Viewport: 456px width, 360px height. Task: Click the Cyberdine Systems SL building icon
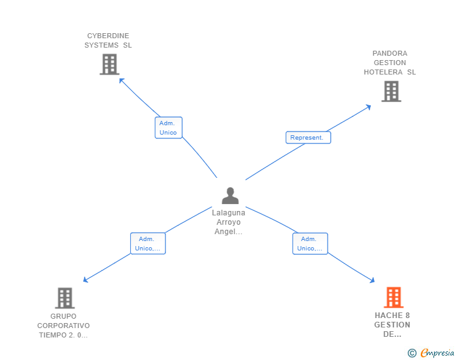pyautogui.click(x=109, y=64)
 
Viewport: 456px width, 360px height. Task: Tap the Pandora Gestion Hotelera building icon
pyautogui.click(x=391, y=91)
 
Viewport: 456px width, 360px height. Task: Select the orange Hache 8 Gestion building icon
pyautogui.click(x=393, y=297)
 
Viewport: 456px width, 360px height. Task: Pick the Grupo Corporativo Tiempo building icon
pyautogui.click(x=65, y=298)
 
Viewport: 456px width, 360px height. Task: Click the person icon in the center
pyautogui.click(x=231, y=196)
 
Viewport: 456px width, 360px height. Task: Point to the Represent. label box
pyautogui.click(x=308, y=138)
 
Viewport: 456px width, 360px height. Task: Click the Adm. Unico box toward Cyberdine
pyautogui.click(x=168, y=128)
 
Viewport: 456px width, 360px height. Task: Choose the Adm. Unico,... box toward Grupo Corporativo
pyautogui.click(x=148, y=244)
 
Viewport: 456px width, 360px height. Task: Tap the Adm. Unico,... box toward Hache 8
pyautogui.click(x=310, y=244)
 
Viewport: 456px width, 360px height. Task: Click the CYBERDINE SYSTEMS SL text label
pyautogui.click(x=108, y=41)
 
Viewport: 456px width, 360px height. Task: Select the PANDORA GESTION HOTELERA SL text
pyautogui.click(x=390, y=63)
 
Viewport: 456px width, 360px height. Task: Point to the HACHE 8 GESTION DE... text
pyautogui.click(x=393, y=325)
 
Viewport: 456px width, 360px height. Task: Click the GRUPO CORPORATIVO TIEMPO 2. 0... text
pyautogui.click(x=63, y=326)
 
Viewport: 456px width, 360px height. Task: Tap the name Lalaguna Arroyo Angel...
pyautogui.click(x=229, y=222)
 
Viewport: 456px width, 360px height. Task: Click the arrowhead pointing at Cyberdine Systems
pyautogui.click(x=121, y=80)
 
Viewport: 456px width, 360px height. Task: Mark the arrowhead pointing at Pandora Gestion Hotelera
pyautogui.click(x=369, y=106)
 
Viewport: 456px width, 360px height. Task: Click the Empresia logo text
pyautogui.click(x=437, y=354)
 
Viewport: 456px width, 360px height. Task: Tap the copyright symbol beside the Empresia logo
pyautogui.click(x=412, y=354)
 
